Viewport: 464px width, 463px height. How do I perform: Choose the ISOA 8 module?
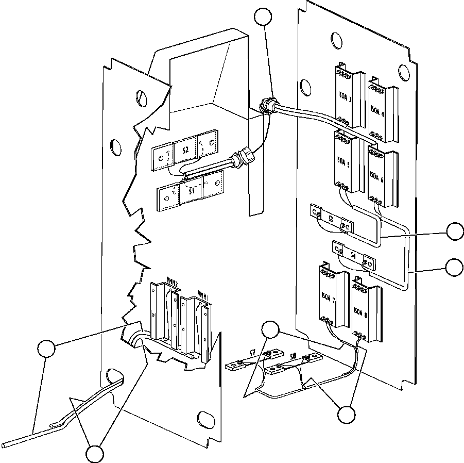point(364,309)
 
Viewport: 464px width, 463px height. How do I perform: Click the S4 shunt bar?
point(353,255)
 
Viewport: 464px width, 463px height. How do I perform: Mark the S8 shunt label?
point(293,355)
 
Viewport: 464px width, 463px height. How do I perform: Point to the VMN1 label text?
point(203,297)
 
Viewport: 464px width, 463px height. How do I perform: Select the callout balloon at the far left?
point(46,349)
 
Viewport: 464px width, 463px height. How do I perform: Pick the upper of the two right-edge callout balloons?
point(454,231)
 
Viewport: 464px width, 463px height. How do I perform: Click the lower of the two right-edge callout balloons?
point(454,267)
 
